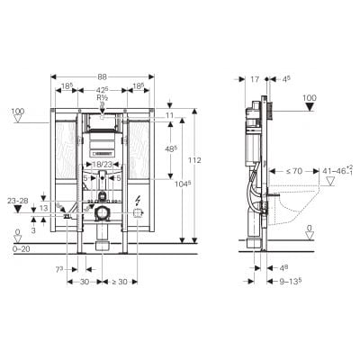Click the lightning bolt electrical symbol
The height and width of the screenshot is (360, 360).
coord(138,200)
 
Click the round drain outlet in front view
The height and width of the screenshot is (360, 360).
coord(103,213)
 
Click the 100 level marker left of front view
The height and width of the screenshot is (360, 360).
coord(17,112)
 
